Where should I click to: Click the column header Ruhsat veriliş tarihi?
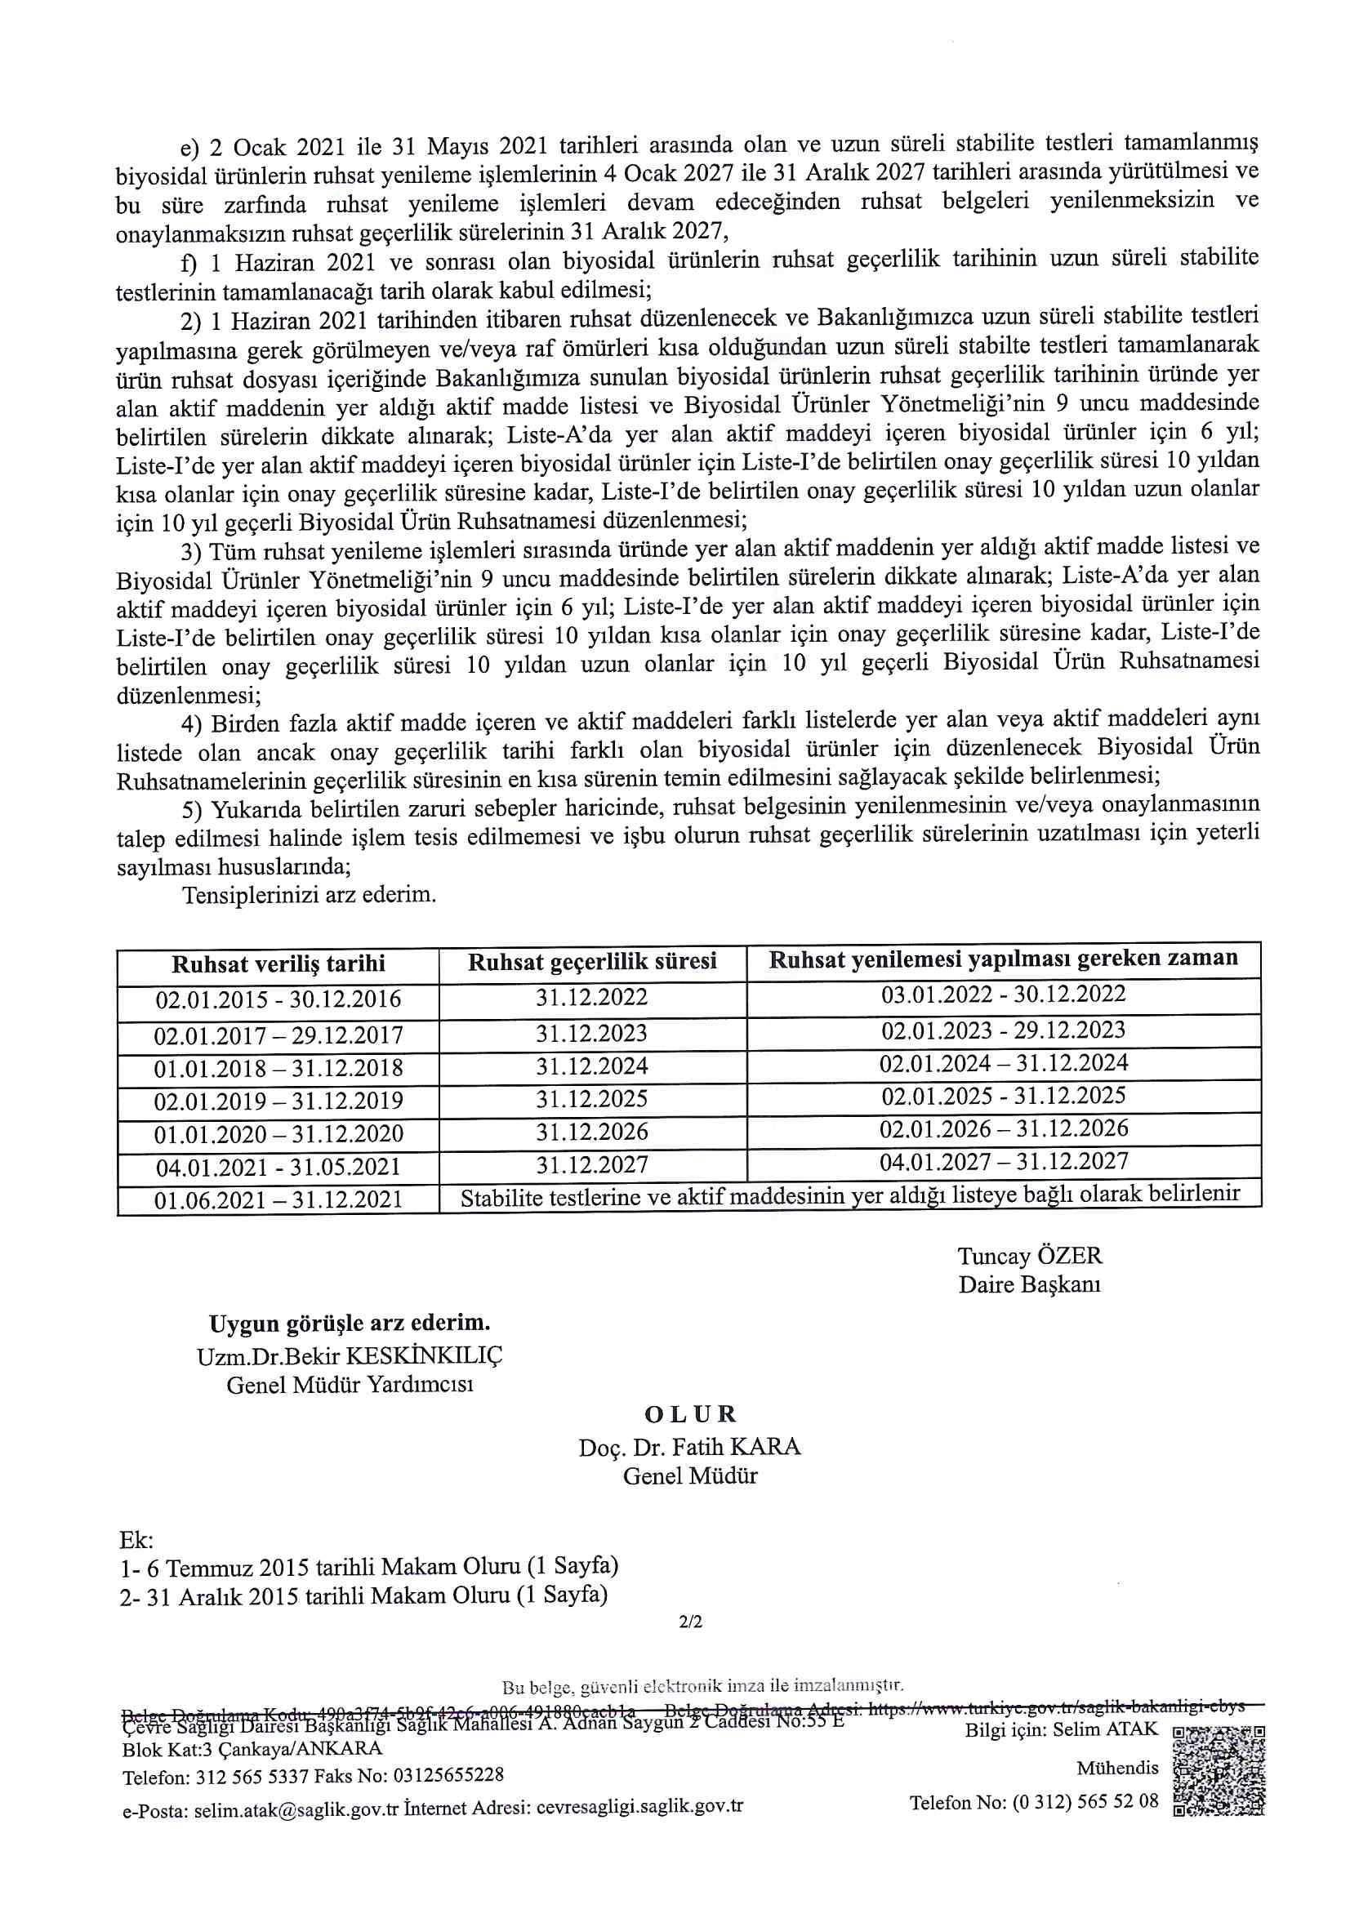pos(278,963)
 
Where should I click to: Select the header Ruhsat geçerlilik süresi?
pos(591,962)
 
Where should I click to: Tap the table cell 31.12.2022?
pos(591,997)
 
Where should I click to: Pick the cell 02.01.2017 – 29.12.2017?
pos(278,1036)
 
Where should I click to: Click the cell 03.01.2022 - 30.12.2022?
pos(1003,995)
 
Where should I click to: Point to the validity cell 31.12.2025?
pos(591,1099)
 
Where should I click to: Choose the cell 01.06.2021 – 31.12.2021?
pos(278,1199)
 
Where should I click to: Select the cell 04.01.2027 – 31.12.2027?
pos(1003,1162)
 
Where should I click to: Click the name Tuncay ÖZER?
pos(1029,1256)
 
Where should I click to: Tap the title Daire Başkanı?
pos(1029,1284)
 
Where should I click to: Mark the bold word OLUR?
pos(690,1414)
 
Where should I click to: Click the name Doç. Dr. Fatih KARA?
pos(689,1448)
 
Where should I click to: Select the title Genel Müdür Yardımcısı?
pos(350,1385)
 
